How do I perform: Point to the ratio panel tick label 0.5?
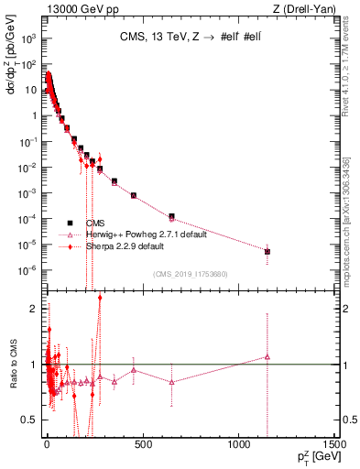tap(30, 420)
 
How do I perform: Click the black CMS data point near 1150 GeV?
tap(267, 251)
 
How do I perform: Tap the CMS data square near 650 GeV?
tap(171, 216)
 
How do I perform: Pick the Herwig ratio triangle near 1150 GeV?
tap(267, 356)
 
